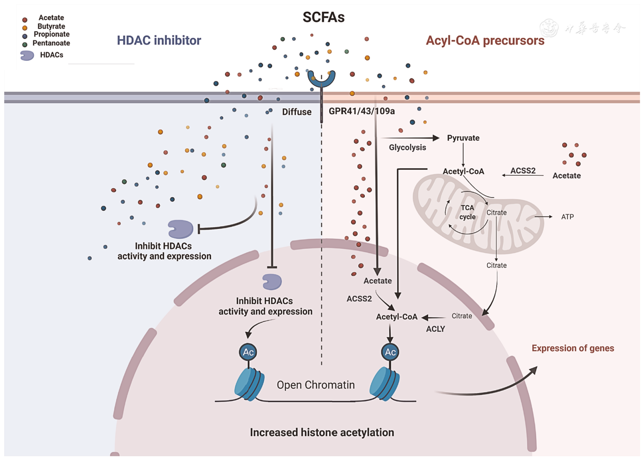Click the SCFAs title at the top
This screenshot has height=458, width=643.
point(323,17)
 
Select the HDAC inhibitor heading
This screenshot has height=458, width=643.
point(159,40)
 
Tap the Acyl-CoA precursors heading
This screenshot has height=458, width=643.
point(485,40)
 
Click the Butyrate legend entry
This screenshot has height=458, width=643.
point(51,26)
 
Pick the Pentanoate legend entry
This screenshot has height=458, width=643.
point(51,43)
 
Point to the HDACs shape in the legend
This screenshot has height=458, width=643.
point(27,55)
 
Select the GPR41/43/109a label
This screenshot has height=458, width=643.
point(362,111)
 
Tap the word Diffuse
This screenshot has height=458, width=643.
point(296,112)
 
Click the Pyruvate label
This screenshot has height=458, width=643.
point(463,138)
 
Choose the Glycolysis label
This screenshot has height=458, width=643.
point(407,147)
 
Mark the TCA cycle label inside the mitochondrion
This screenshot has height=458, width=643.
point(467,212)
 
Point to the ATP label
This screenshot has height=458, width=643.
point(567,217)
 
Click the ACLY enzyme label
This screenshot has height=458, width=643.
point(435,329)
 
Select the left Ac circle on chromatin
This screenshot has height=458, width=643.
point(248,352)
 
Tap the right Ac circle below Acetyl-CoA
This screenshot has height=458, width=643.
point(390,352)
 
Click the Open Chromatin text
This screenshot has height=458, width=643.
point(315,385)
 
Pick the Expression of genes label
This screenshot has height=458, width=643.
point(573,348)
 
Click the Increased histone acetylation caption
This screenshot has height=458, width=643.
point(322,433)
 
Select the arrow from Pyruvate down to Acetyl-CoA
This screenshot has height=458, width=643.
point(463,155)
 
